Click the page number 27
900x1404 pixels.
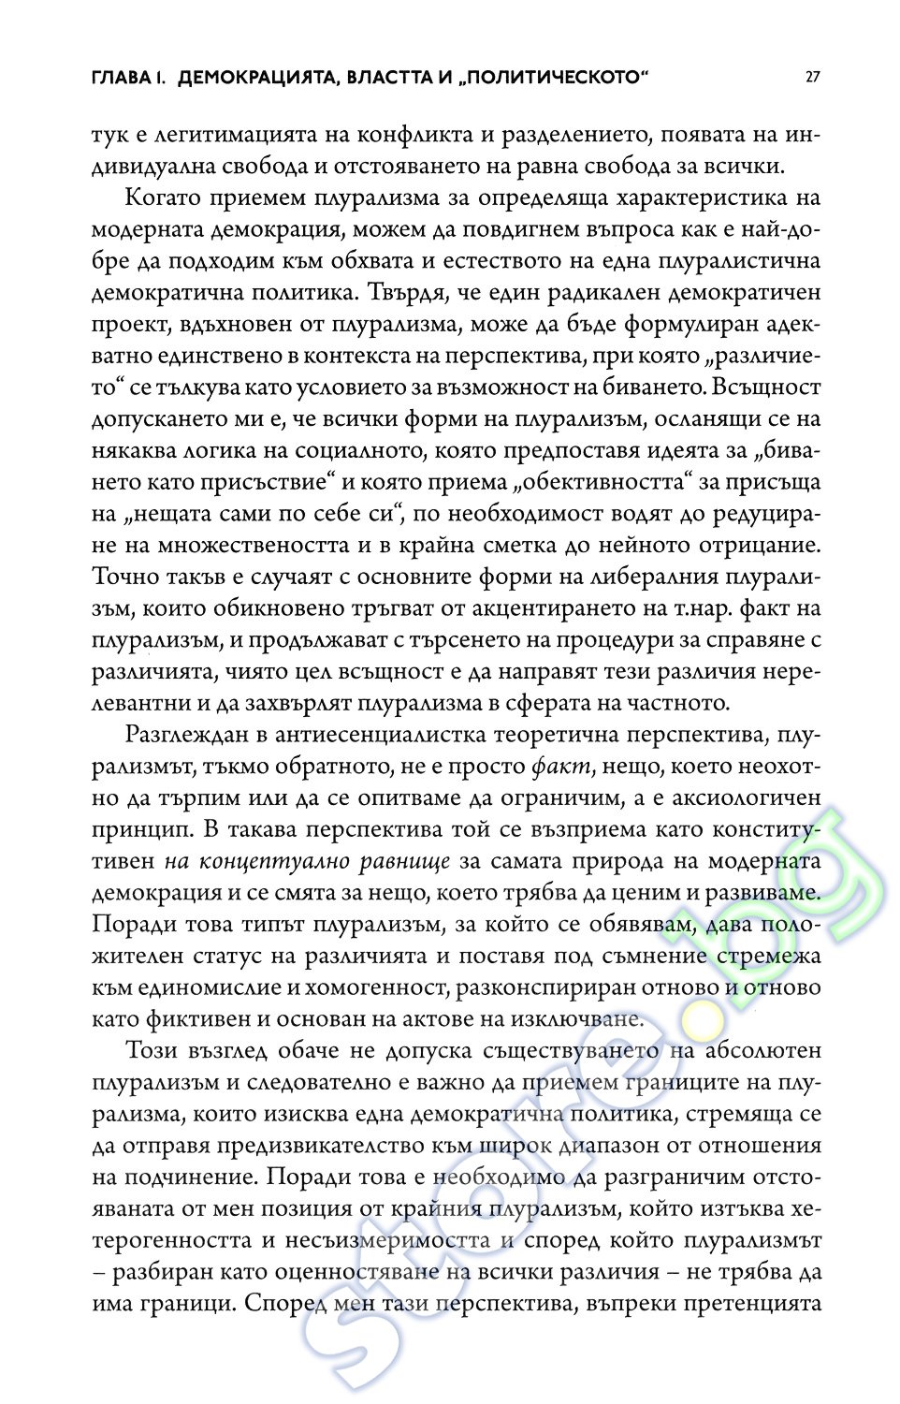point(812,77)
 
